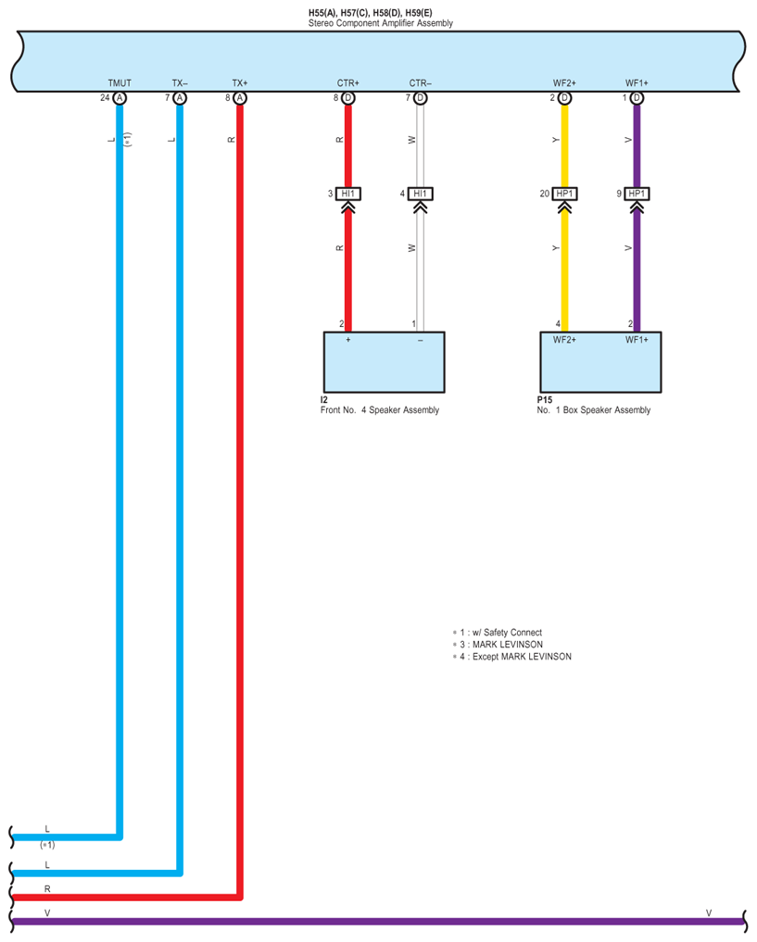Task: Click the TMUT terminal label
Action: point(120,83)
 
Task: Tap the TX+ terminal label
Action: point(240,83)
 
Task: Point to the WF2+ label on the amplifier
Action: point(564,83)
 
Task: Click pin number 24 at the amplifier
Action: point(106,97)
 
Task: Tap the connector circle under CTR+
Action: point(348,98)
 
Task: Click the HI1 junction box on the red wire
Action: point(348,194)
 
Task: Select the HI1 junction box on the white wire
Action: point(421,194)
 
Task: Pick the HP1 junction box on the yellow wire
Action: point(564,194)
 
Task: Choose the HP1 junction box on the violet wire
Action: point(637,194)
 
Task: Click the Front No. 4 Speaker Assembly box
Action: point(384,361)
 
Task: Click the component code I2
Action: point(323,400)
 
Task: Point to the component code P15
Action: point(545,400)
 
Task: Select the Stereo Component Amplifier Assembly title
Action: point(381,23)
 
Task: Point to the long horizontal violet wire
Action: point(371,921)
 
